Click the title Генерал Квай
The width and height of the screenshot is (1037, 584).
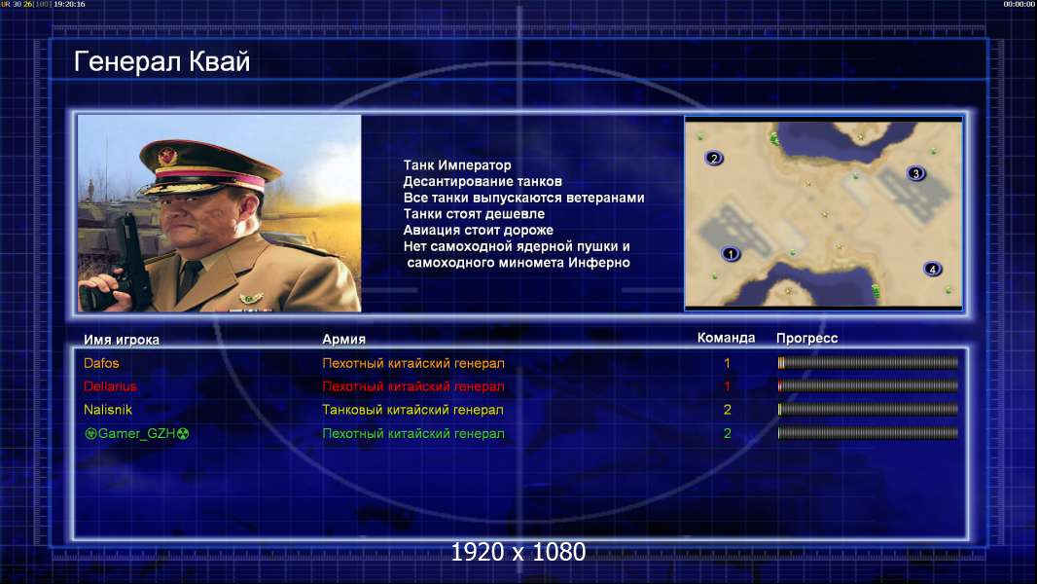click(162, 61)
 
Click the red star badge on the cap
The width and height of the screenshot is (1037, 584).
click(167, 156)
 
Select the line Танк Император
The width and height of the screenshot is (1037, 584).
click(457, 165)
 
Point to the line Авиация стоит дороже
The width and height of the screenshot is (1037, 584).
click(479, 230)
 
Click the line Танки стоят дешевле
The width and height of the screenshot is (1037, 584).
click(474, 213)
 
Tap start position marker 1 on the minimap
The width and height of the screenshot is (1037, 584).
click(731, 253)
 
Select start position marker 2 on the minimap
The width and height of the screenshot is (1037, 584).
click(714, 158)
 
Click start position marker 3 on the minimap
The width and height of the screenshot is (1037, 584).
click(916, 173)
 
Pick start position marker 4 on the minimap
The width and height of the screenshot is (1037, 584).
click(933, 270)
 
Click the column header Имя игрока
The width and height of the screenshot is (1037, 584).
click(122, 340)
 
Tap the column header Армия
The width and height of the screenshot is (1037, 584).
click(344, 339)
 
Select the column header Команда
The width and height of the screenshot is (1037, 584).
click(726, 338)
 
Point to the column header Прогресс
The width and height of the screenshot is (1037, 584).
click(806, 338)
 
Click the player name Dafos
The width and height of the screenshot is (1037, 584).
click(101, 363)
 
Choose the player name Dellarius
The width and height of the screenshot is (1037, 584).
click(111, 386)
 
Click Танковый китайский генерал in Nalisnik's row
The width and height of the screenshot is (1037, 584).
click(412, 410)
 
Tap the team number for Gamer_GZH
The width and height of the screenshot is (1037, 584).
click(728, 433)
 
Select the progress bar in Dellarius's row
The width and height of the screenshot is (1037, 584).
click(868, 385)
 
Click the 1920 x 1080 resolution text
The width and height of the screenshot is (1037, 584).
click(518, 552)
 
